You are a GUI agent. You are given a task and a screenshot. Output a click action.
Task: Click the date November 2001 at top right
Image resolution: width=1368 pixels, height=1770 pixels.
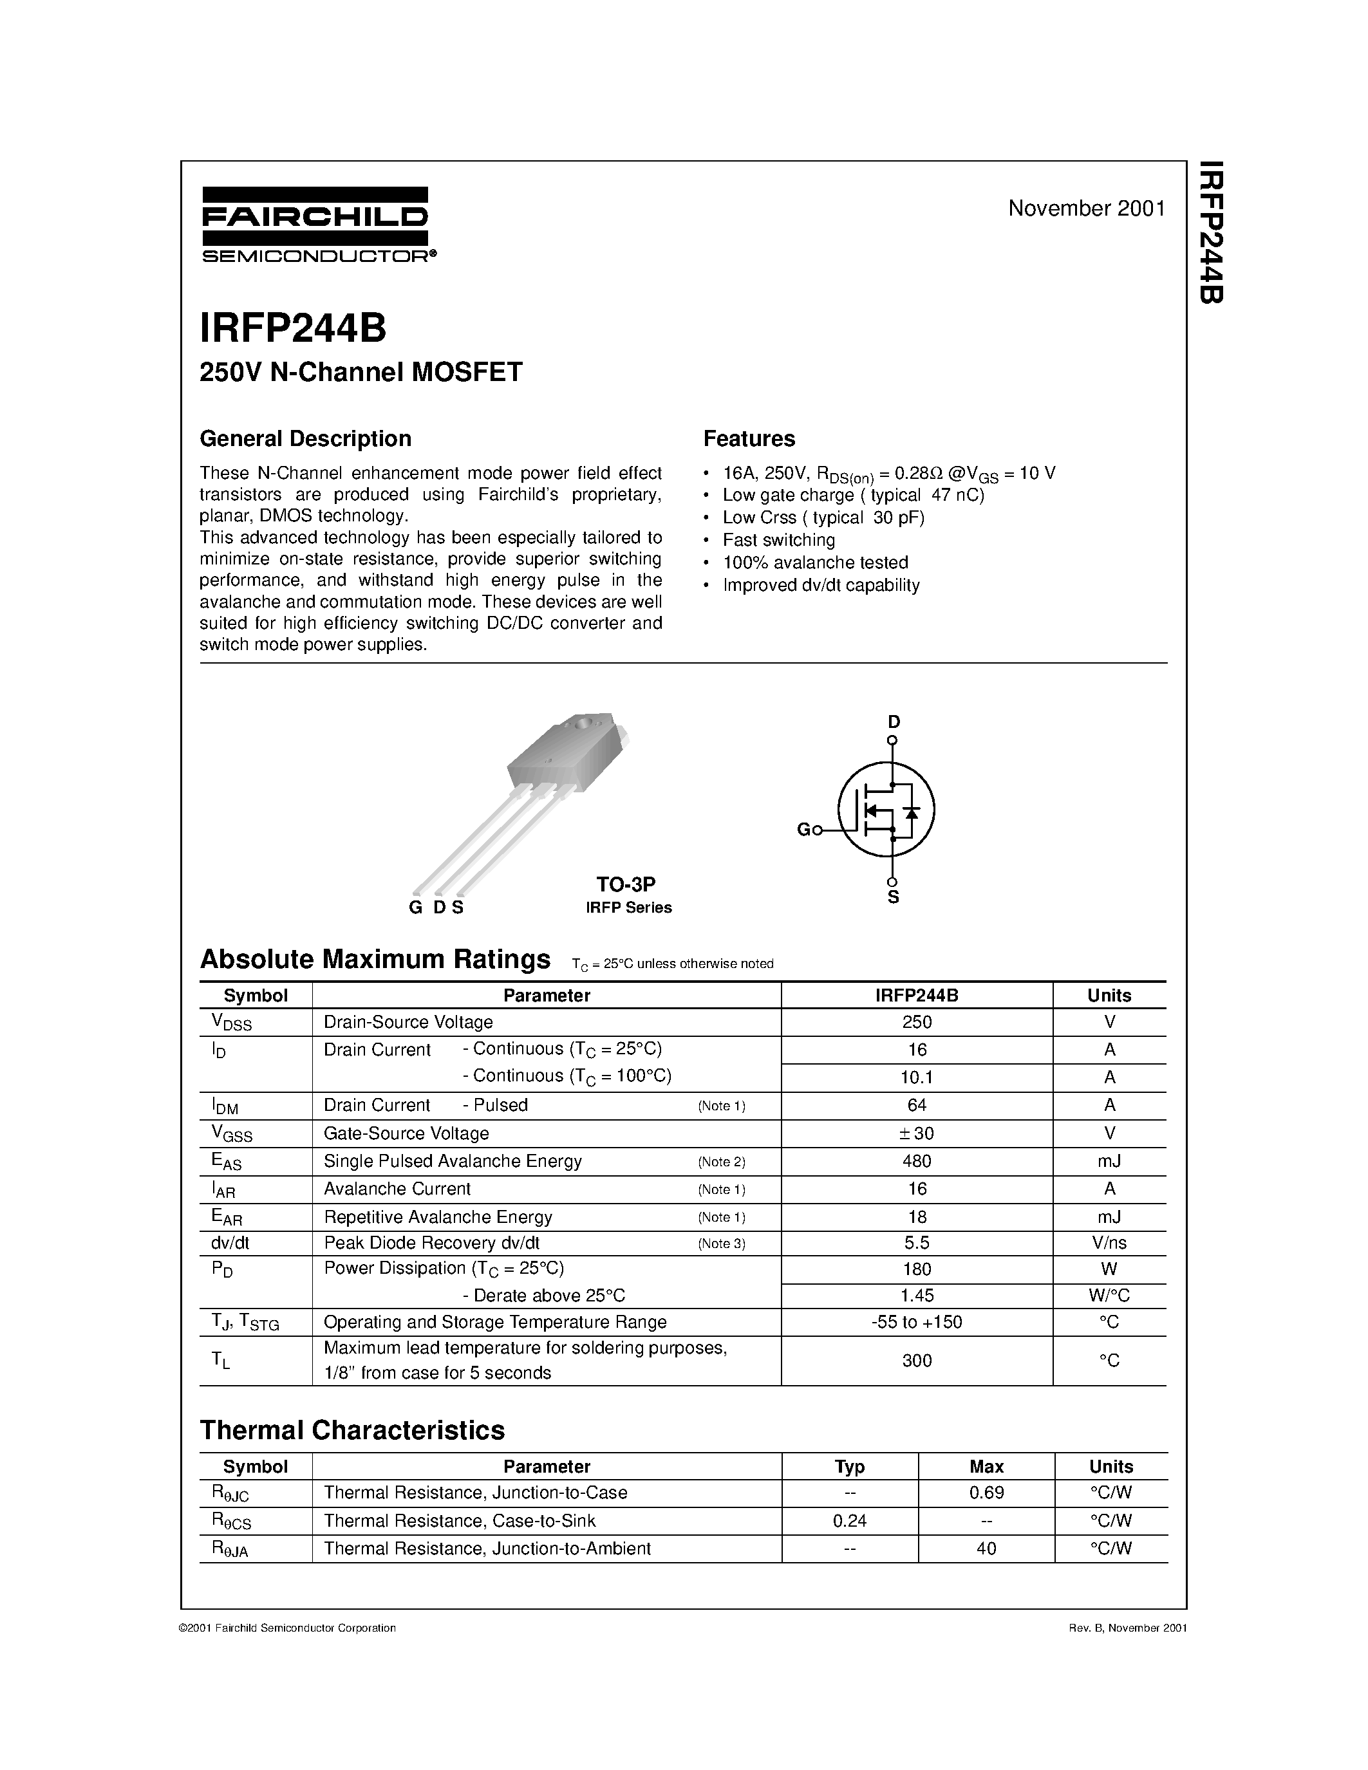tap(1086, 209)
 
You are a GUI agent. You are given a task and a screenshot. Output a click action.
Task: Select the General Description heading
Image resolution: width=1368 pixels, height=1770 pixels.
tap(306, 438)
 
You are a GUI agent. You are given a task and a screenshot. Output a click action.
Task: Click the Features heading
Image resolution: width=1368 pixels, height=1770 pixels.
tap(749, 438)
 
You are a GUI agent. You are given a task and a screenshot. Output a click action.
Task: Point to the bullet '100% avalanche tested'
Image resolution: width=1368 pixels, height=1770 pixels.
tap(814, 563)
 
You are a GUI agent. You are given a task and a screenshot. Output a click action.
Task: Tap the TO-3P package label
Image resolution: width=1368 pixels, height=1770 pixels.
tap(626, 884)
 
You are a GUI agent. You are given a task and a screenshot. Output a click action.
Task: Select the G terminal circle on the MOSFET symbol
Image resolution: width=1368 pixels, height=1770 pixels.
tap(818, 830)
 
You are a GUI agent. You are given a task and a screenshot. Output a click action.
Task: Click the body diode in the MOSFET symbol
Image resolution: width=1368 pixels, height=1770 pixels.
tap(912, 811)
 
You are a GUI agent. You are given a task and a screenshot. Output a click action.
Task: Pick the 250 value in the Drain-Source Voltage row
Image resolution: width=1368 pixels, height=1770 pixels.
tap(917, 1022)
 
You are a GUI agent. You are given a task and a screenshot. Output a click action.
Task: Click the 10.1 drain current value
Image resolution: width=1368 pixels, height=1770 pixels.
tap(917, 1077)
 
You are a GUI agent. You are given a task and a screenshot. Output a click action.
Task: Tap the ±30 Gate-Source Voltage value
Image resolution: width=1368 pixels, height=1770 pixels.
tap(917, 1133)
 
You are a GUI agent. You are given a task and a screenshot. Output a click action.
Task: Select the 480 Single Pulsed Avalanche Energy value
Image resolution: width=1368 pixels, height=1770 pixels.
tap(917, 1160)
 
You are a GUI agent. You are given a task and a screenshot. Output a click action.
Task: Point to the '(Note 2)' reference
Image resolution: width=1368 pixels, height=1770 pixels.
tap(721, 1161)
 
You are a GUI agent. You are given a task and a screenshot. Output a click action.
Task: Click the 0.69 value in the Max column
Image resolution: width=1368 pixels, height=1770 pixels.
tap(986, 1492)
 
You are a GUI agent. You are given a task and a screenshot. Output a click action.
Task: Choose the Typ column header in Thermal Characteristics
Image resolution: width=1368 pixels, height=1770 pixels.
tap(849, 1466)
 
